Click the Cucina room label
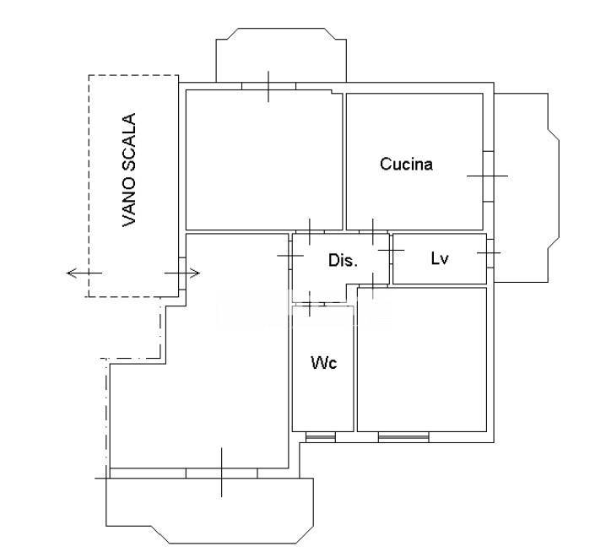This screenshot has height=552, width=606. pos(406,164)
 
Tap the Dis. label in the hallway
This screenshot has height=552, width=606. pos(343,260)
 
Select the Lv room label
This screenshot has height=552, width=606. pos(440,258)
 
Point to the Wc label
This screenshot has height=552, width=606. pos(324,363)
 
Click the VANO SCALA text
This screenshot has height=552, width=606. pos(129,170)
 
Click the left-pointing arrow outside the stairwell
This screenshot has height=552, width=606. pos(84,273)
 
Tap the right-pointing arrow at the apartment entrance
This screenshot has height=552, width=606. pos(182,273)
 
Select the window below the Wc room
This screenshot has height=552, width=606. pos(321,437)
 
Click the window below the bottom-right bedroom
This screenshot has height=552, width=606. pos(403,437)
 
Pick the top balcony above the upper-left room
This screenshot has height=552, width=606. pos(281,55)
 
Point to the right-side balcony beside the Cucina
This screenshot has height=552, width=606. pos(527,187)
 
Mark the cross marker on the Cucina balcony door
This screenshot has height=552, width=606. pos(487,176)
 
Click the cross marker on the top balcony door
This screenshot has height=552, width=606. pos(268,86)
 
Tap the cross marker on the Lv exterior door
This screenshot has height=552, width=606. pos(489,253)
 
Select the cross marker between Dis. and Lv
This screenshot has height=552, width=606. pos(391,251)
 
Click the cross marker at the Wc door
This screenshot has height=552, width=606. pos(309,304)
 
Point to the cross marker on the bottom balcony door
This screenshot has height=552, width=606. pos(221,473)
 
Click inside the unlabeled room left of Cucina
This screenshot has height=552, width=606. pos(264,160)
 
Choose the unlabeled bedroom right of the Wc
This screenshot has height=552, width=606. pos(422,360)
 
